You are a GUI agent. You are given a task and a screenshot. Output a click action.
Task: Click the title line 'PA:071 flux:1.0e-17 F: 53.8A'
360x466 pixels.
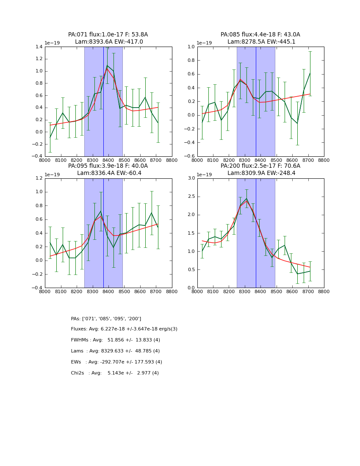point(108,35)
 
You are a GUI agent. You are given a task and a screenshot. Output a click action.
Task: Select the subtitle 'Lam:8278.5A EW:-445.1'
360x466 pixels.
point(260,42)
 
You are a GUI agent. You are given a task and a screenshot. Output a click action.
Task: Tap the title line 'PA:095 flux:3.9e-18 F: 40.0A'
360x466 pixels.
point(108,166)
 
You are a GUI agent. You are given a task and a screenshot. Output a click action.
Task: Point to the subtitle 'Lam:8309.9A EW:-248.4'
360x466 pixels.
point(260,173)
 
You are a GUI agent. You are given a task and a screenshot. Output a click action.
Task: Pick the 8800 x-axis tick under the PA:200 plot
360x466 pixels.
point(324,291)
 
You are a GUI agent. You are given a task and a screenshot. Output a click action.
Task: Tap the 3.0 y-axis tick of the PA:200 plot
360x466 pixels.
point(191,178)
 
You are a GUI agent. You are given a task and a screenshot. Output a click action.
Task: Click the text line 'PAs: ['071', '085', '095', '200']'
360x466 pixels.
point(106,319)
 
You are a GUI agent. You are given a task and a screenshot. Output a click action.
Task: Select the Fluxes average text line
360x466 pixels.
point(124,329)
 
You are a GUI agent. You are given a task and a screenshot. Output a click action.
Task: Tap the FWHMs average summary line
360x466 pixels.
point(115,340)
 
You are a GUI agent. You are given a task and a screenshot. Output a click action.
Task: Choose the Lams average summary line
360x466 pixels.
point(115,351)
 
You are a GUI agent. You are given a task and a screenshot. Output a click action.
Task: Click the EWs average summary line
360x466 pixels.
point(116,362)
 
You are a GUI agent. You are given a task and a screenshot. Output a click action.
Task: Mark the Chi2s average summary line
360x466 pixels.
point(115,373)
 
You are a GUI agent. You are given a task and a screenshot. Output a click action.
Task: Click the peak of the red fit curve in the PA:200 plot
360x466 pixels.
point(246,201)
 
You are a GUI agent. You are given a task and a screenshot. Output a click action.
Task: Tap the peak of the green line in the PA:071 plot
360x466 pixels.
point(107,66)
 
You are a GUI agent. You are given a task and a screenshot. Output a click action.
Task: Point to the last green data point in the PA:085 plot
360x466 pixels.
point(310,73)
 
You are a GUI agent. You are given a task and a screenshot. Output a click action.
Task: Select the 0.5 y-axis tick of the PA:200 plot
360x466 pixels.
point(191,270)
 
